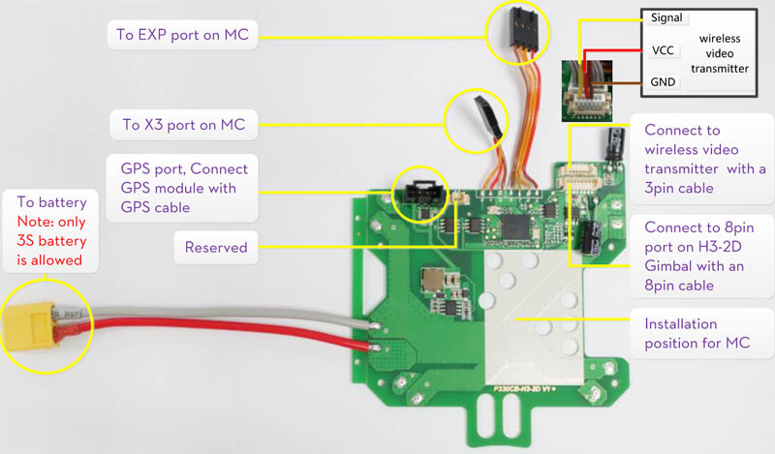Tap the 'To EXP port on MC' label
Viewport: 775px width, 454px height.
point(182,37)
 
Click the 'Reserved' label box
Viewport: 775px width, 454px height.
point(216,247)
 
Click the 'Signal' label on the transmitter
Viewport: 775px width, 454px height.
point(667,17)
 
